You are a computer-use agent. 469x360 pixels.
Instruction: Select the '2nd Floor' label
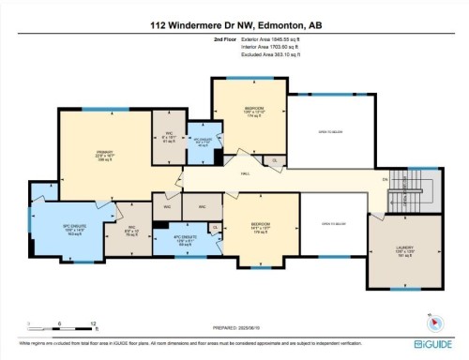(x=226, y=40)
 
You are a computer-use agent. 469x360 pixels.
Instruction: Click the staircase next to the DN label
(x=409, y=191)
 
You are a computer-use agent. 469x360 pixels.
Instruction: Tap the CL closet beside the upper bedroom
(x=274, y=161)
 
